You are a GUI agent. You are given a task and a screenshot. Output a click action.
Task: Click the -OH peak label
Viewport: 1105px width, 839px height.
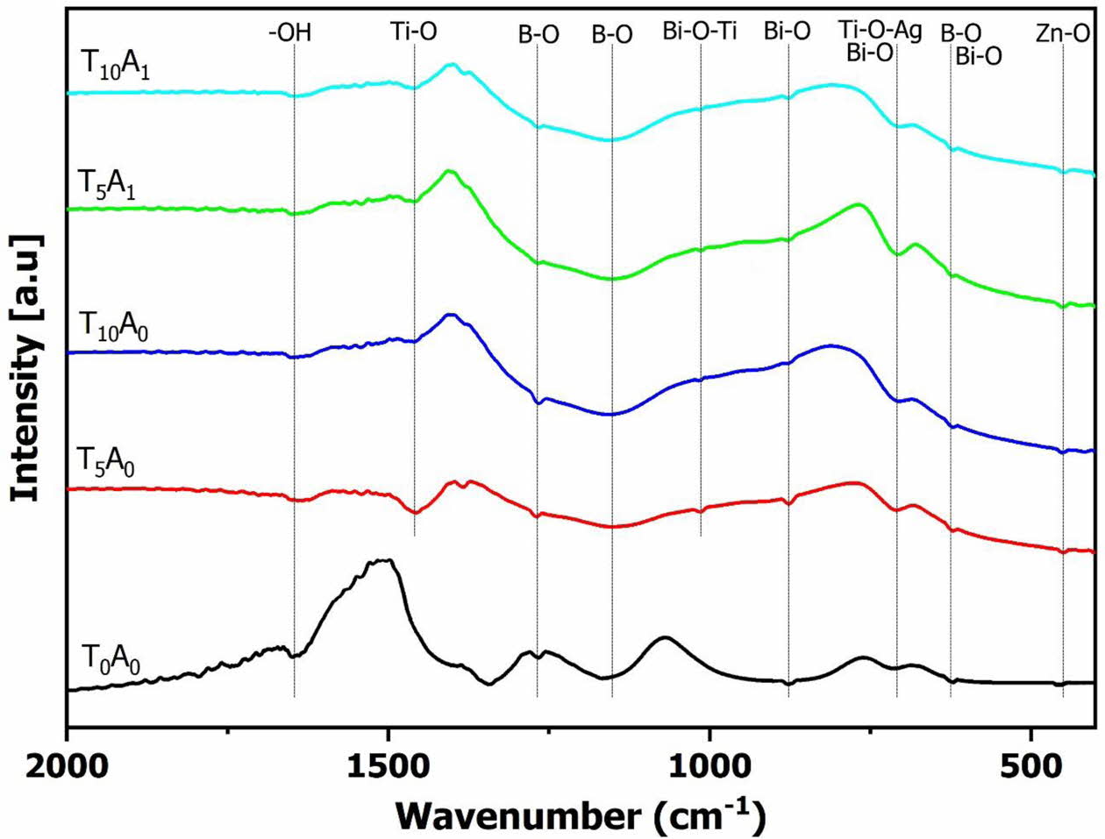[x=290, y=34]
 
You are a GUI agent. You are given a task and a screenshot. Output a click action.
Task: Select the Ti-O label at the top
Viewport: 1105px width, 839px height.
[x=414, y=32]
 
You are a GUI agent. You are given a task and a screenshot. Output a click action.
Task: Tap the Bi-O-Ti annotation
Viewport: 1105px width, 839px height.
[x=700, y=32]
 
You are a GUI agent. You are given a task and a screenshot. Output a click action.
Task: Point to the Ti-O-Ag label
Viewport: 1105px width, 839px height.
[x=880, y=32]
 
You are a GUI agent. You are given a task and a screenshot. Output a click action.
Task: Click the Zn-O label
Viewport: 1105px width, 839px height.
[x=1063, y=34]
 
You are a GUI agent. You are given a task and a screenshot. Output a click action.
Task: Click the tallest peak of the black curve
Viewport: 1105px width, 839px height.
[x=383, y=560]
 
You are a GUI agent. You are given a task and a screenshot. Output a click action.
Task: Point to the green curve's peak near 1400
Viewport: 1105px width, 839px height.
[x=450, y=171]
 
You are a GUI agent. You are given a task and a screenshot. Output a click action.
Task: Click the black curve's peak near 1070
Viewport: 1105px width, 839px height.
[x=665, y=637]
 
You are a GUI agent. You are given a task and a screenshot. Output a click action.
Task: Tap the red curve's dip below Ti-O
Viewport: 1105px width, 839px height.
[x=415, y=512]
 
